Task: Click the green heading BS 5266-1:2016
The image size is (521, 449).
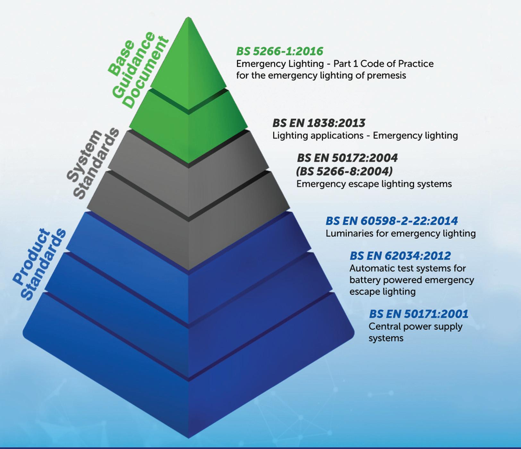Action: [x=279, y=51]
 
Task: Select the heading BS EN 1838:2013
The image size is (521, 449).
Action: [x=319, y=123]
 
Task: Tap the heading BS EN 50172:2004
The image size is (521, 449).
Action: [x=347, y=158]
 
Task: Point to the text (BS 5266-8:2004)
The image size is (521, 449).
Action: [x=344, y=171]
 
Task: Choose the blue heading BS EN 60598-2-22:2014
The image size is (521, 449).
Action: [x=391, y=221]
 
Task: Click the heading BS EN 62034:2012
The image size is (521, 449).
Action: [x=400, y=256]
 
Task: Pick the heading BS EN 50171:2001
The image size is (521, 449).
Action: [x=418, y=314]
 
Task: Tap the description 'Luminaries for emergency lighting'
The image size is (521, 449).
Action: [x=400, y=233]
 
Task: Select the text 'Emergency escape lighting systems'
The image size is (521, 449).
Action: [x=374, y=184]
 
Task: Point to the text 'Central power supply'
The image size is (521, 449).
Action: [x=415, y=327]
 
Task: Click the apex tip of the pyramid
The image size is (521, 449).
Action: [x=189, y=19]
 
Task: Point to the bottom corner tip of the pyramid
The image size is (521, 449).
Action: [x=189, y=437]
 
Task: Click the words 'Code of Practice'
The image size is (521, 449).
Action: [x=397, y=64]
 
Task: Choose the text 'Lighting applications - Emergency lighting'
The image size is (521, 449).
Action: [x=365, y=136]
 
